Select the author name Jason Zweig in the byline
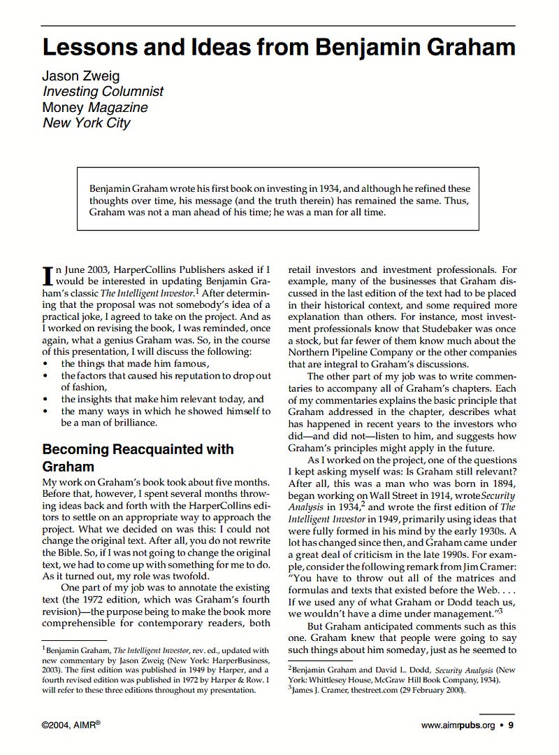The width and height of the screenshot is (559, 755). point(81,76)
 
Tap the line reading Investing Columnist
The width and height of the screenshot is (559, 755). point(103,92)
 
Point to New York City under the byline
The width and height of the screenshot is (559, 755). point(86,123)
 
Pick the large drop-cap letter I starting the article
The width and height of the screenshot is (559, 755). point(48,275)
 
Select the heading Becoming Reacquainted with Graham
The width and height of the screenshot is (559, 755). point(138,457)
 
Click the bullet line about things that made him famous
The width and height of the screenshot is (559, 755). point(135,363)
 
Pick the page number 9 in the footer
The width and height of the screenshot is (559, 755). point(510,726)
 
